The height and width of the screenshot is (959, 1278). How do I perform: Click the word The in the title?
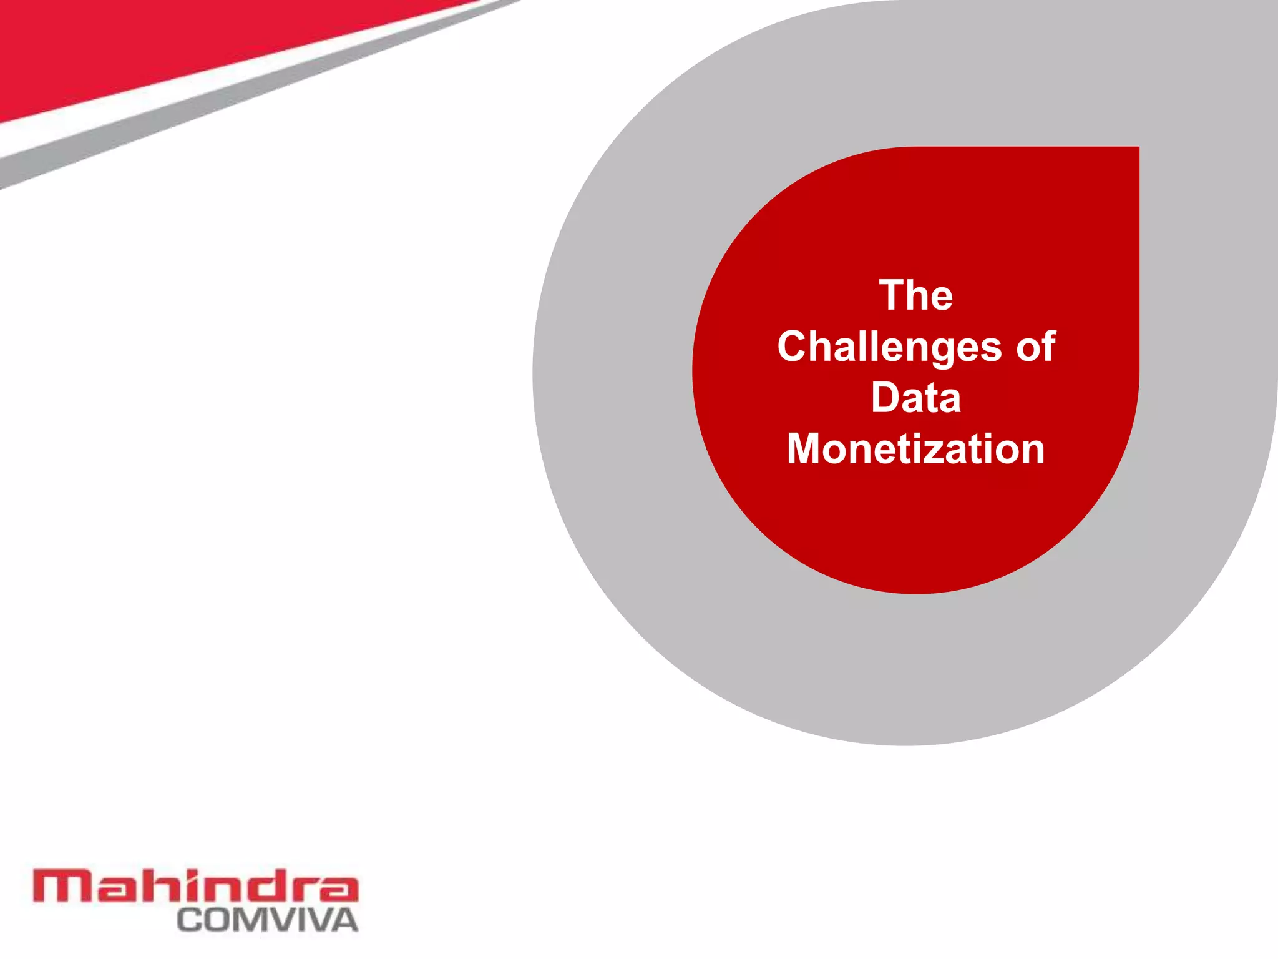pyautogui.click(x=916, y=295)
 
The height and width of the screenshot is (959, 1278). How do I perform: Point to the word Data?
pyautogui.click(x=916, y=398)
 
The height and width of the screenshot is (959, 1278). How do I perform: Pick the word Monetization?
pyautogui.click(x=916, y=449)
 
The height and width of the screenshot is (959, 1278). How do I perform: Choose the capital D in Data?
pyautogui.click(x=887, y=398)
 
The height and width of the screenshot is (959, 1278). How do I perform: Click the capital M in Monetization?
pyautogui.click(x=806, y=449)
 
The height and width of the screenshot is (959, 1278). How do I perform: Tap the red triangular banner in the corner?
pyautogui.click(x=156, y=44)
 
